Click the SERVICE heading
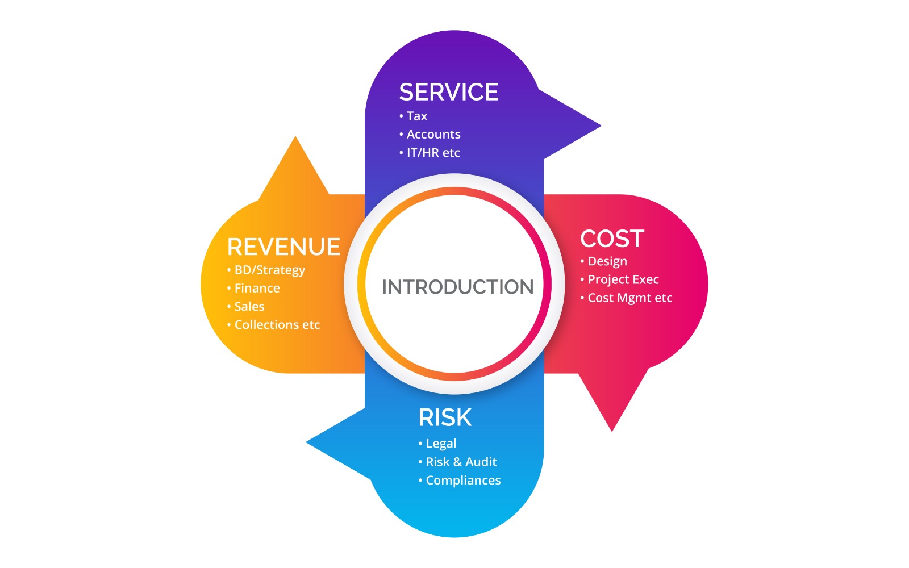(448, 92)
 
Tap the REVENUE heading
(283, 247)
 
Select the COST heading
(612, 239)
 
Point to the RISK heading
(445, 417)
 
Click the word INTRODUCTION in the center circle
(457, 287)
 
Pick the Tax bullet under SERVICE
(416, 116)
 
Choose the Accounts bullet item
(433, 134)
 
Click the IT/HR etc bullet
(433, 152)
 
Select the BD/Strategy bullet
(269, 270)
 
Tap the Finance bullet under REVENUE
(257, 288)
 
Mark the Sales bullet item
(249, 306)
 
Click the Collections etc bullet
(277, 324)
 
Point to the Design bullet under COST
(607, 261)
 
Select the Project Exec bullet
(623, 279)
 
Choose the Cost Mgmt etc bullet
(629, 298)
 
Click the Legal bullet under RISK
(441, 444)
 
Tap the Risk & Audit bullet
(461, 462)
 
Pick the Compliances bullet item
(462, 480)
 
